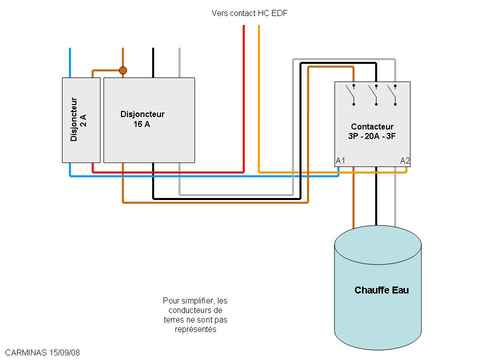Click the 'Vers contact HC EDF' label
(249, 13)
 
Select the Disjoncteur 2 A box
(81, 120)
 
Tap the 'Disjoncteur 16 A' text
(142, 119)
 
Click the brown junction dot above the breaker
(122, 70)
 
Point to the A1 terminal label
(340, 160)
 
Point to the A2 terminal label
(405, 160)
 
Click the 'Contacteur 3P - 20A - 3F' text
(372, 131)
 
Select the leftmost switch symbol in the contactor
(353, 95)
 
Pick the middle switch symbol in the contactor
(374, 95)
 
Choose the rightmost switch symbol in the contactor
(394, 95)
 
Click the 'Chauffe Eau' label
(381, 290)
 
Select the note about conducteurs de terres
(195, 315)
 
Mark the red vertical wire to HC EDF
(243, 100)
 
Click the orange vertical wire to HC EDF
(258, 100)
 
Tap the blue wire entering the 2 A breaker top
(69, 62)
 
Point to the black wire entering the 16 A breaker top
(153, 62)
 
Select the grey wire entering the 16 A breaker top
(179, 62)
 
